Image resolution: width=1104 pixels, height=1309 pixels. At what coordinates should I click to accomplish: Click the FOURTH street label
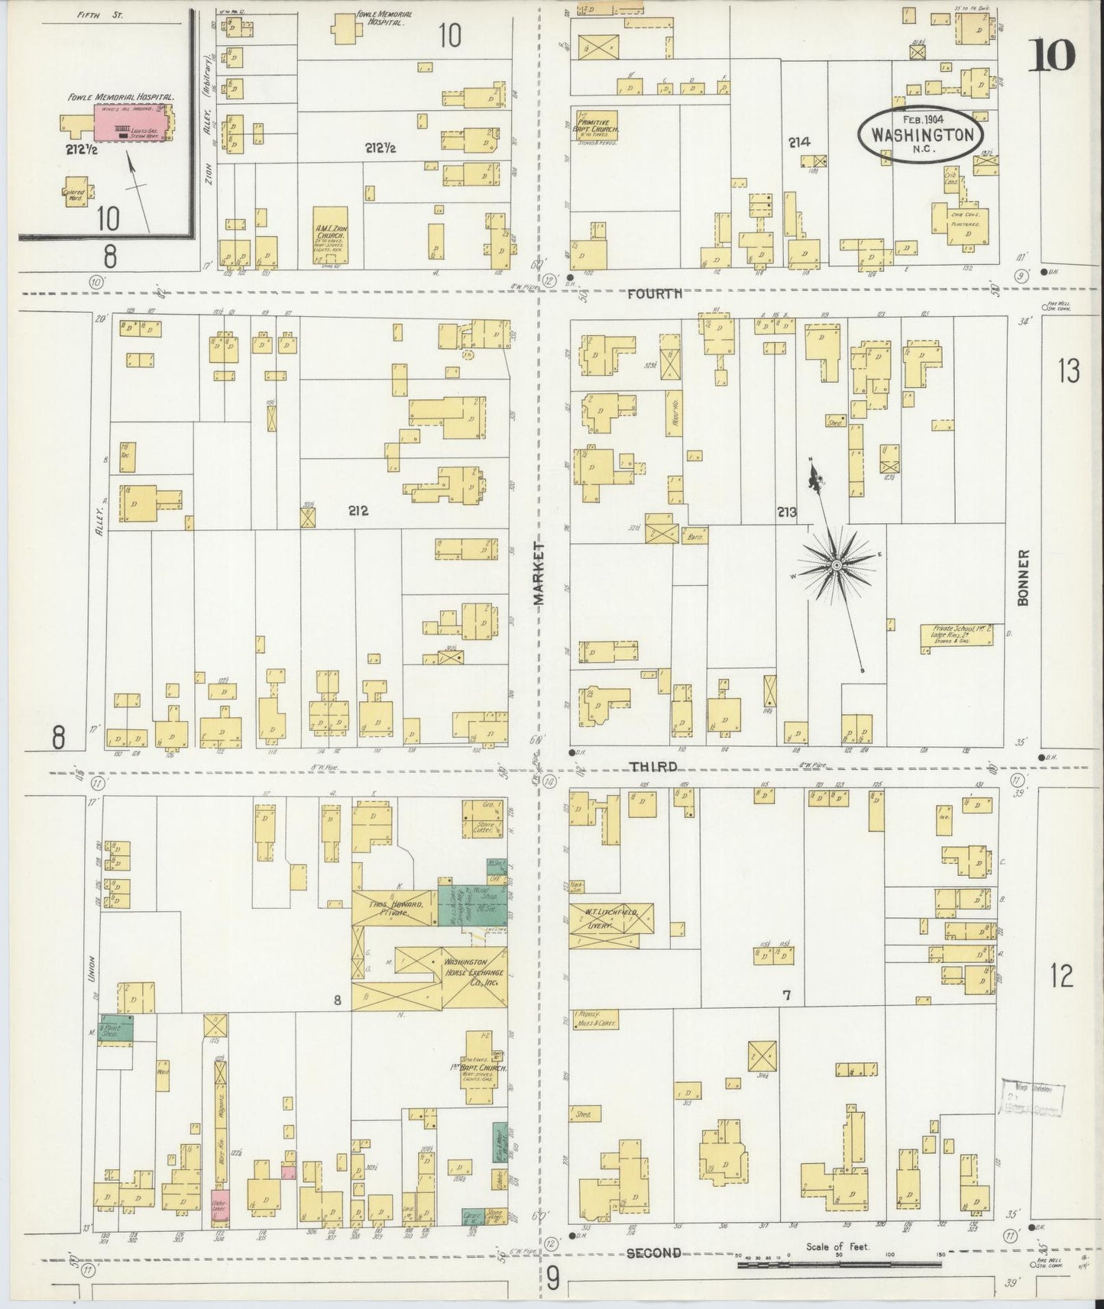pos(654,293)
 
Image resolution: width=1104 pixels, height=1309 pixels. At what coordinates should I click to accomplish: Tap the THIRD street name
pos(654,766)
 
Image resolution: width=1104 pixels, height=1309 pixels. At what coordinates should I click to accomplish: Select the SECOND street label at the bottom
pos(654,1252)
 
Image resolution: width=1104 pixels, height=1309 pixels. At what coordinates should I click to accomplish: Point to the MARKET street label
pos(540,574)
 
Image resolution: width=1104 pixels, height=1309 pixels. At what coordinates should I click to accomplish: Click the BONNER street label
pos(1024,577)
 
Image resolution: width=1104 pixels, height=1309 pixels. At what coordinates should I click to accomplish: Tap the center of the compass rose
pos(837,565)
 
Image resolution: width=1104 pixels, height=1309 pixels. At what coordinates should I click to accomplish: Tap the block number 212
pos(358,511)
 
